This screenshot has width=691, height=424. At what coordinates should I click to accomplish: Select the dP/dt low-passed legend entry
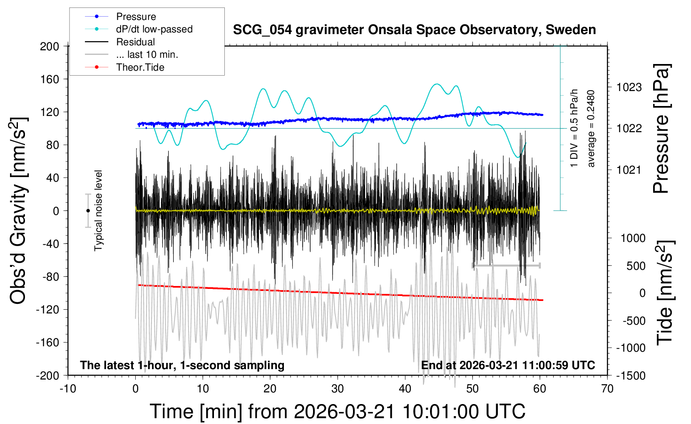click(154, 29)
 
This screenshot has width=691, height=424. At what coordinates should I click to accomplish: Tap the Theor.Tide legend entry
click(140, 67)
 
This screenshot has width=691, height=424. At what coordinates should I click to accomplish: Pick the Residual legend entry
click(135, 42)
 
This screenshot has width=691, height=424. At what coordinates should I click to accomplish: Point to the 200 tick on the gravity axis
click(50, 46)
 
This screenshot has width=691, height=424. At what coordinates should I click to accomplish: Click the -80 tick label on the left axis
click(50, 276)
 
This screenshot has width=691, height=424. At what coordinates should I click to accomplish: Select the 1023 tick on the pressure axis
click(629, 87)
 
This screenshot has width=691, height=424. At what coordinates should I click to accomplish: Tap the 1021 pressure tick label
click(629, 170)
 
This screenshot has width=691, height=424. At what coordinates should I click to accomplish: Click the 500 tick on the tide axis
click(636, 266)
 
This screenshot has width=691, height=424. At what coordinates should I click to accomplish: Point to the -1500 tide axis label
click(631, 375)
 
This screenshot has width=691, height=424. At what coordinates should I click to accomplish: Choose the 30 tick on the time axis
click(338, 389)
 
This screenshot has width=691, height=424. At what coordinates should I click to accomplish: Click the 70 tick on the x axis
click(607, 389)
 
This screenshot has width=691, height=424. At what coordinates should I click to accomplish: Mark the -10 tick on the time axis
click(68, 389)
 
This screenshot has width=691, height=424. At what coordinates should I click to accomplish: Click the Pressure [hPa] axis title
click(661, 128)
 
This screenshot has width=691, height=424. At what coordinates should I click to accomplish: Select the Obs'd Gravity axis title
click(18, 211)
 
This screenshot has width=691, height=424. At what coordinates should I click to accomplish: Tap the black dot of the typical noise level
click(88, 211)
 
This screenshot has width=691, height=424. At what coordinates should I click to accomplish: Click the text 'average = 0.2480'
click(591, 128)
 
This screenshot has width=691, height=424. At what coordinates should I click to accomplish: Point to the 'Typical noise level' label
click(98, 211)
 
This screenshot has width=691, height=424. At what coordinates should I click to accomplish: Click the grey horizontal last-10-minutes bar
click(506, 265)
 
